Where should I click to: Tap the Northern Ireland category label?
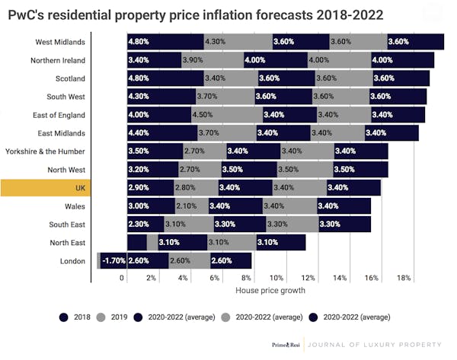tap(58, 60)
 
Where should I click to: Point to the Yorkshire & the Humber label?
tap(47, 151)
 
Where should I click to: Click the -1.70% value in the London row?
tap(113, 261)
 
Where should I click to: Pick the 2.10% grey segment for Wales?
tap(187, 206)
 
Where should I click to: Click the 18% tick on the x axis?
tap(404, 278)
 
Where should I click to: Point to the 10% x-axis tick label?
tap(276, 278)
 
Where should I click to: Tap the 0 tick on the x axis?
tap(122, 278)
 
